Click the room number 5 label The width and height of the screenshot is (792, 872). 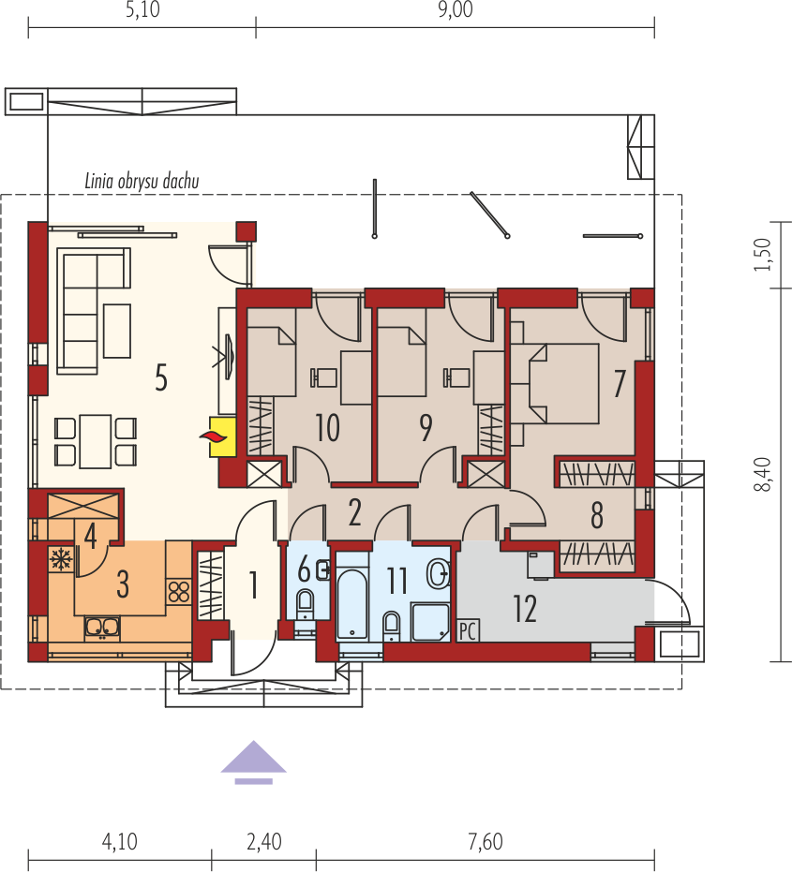[160, 379]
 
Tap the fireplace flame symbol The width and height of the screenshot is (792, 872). [216, 436]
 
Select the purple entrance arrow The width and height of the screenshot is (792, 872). [253, 760]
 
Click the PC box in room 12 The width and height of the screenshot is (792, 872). [468, 630]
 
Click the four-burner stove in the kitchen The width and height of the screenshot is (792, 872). [178, 591]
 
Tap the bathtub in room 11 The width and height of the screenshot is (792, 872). [352, 596]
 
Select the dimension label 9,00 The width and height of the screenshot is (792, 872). [455, 13]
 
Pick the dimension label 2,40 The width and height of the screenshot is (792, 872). [263, 842]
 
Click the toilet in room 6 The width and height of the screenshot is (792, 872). [306, 604]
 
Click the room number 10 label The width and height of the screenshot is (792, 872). [327, 428]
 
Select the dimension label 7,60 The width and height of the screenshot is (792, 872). [484, 842]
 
